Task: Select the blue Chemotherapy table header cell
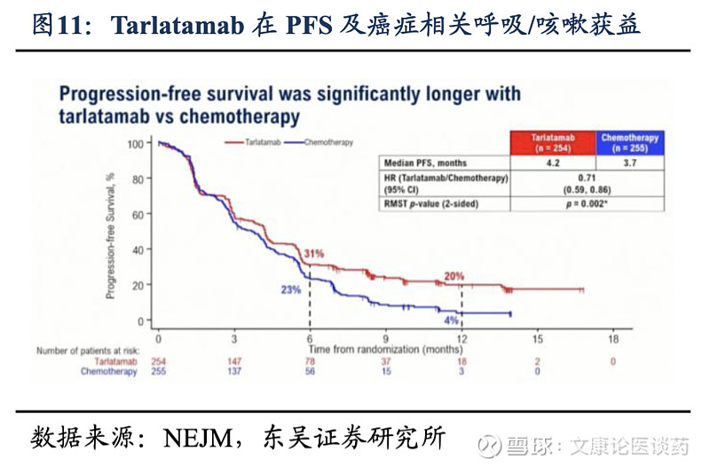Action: [629, 142]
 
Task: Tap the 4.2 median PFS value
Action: [553, 163]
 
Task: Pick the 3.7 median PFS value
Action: [629, 163]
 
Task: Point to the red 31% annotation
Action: [314, 254]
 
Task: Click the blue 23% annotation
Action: [292, 290]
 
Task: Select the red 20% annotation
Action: [454, 276]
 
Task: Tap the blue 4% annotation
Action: [451, 321]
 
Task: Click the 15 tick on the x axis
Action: [537, 339]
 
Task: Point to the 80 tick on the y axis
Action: [136, 178]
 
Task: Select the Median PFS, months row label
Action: [425, 163]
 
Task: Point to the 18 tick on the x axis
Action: [612, 339]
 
